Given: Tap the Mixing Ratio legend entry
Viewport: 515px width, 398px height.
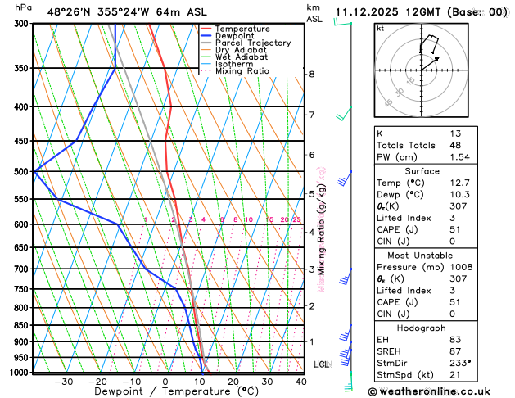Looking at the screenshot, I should tap(242, 71).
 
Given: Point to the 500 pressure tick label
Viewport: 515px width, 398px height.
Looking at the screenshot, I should tap(21, 172).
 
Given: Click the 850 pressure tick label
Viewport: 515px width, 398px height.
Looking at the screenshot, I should tap(21, 326).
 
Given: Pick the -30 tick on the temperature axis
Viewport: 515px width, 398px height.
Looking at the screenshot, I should tap(63, 382).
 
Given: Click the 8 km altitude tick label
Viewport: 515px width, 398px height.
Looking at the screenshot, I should tap(312, 75).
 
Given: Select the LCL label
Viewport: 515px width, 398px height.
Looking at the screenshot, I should tap(321, 364).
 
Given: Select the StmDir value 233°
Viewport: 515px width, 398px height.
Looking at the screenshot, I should tap(461, 363).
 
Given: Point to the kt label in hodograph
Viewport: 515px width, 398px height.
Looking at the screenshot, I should tap(380, 29).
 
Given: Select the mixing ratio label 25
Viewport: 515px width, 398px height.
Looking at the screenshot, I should tap(296, 220).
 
